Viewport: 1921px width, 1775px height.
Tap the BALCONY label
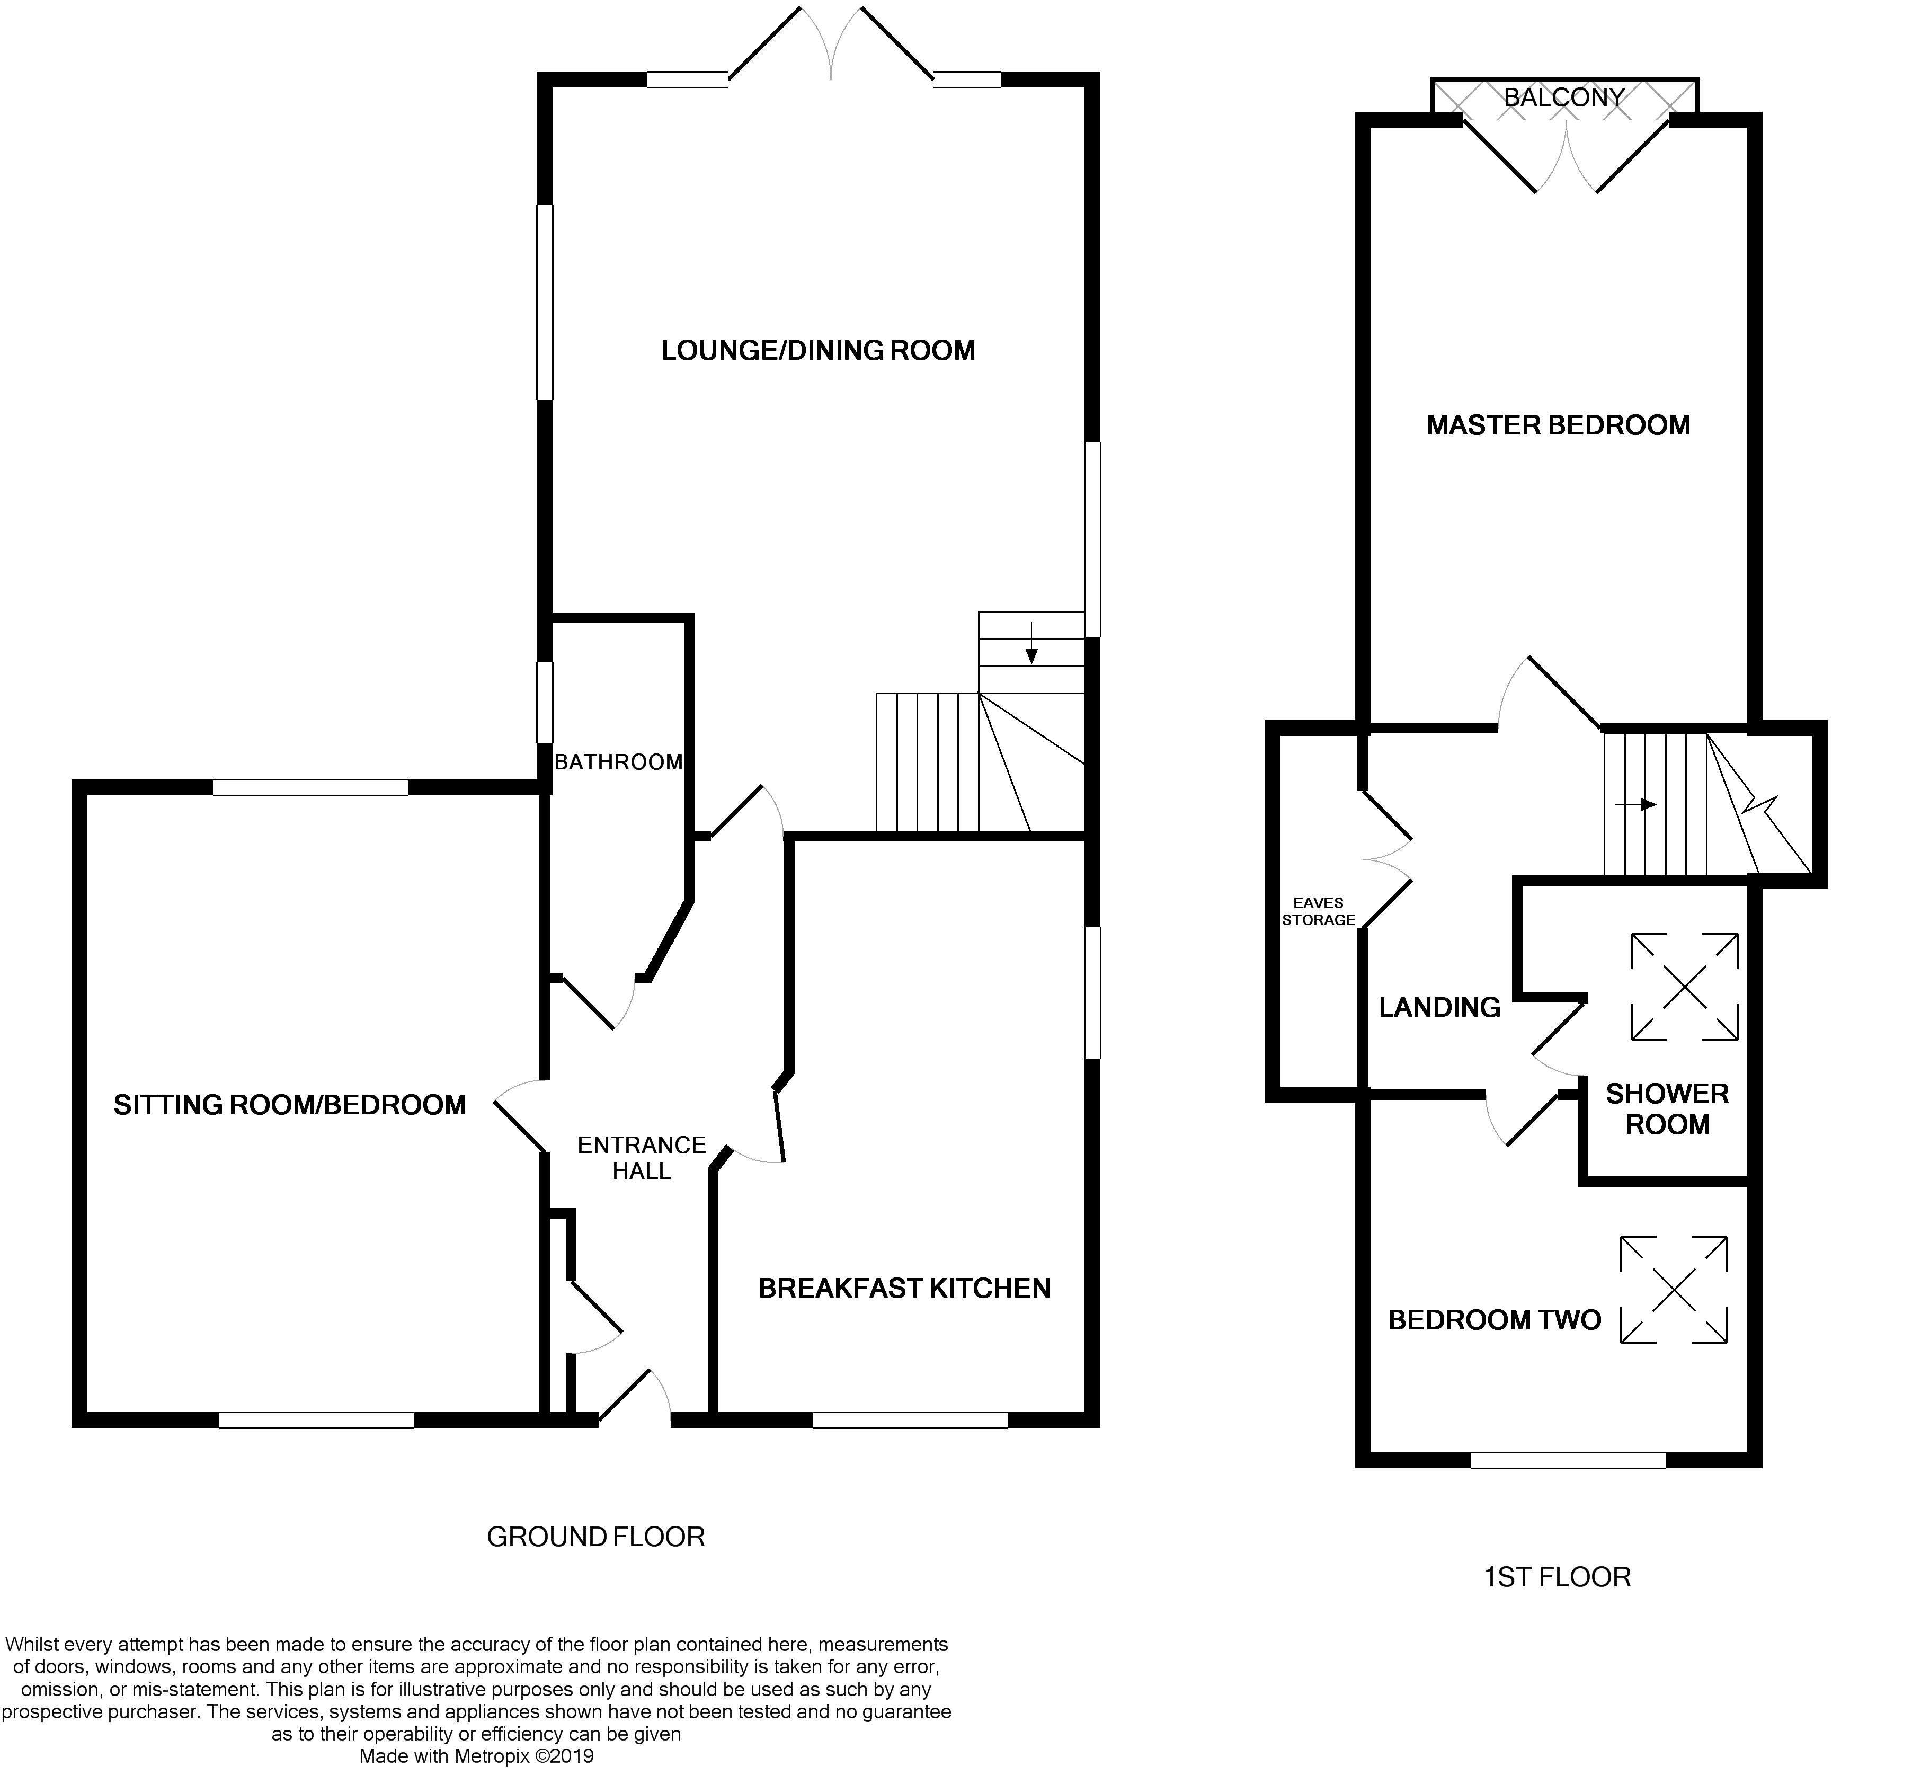point(1564,97)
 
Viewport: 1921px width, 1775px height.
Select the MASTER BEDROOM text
point(1558,425)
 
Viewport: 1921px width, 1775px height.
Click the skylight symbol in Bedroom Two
point(1673,1289)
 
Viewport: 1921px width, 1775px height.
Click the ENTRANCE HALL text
point(642,1157)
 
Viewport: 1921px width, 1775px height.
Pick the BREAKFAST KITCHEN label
point(904,1288)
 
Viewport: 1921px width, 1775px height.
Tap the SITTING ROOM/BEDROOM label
point(290,1105)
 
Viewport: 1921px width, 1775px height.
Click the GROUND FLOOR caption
point(595,1537)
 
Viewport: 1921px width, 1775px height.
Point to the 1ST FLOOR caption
point(1557,1577)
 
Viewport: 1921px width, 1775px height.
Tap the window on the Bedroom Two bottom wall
point(1568,1460)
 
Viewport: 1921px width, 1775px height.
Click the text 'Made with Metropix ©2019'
point(476,1756)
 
